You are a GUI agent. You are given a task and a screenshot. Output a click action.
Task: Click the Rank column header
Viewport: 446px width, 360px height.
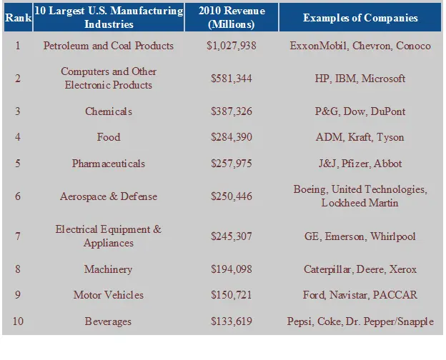pos(18,17)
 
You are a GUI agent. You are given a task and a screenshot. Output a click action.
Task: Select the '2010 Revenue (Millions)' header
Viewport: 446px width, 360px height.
pos(231,17)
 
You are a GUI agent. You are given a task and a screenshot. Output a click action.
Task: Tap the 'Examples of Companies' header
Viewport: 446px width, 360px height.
pos(361,17)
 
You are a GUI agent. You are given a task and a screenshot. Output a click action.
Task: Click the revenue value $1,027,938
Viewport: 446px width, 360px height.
pos(231,46)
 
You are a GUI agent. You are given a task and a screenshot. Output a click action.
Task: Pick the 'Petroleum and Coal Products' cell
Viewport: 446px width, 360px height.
pos(108,46)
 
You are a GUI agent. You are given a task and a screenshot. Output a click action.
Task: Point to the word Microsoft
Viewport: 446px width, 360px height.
pos(383,79)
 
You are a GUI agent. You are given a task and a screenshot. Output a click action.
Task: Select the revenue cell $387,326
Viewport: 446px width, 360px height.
pos(231,111)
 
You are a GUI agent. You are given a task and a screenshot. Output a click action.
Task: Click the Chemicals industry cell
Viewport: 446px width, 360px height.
pos(108,111)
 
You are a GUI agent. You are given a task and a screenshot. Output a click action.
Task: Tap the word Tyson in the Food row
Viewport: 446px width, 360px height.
pos(390,137)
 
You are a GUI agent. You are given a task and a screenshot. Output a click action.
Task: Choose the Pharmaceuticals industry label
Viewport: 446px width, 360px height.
pos(108,164)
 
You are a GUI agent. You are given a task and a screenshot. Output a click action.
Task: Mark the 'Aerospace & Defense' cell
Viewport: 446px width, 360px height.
pos(108,196)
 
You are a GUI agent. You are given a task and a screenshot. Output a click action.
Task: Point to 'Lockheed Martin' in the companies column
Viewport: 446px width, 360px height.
pos(360,203)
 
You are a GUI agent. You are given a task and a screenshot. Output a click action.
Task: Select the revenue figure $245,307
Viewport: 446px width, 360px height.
pos(231,236)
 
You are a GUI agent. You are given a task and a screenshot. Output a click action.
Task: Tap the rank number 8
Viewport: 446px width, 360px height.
pos(18,269)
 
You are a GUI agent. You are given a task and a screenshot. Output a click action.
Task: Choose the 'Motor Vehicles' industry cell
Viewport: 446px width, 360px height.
pos(108,295)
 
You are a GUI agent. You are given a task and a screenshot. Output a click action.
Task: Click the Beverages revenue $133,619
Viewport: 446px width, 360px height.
pos(231,321)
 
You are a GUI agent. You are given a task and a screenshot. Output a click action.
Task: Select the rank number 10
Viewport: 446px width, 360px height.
pos(18,321)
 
